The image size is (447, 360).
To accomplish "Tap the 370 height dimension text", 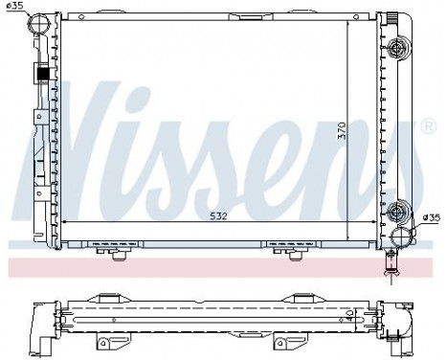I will coord(342,133).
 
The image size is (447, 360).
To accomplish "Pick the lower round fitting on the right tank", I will coord(398,214).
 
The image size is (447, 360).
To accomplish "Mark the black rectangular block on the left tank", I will coord(43,72).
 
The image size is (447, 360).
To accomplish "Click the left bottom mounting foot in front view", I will coord(120,251).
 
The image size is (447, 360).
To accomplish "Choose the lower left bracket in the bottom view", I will coord(106,341).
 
